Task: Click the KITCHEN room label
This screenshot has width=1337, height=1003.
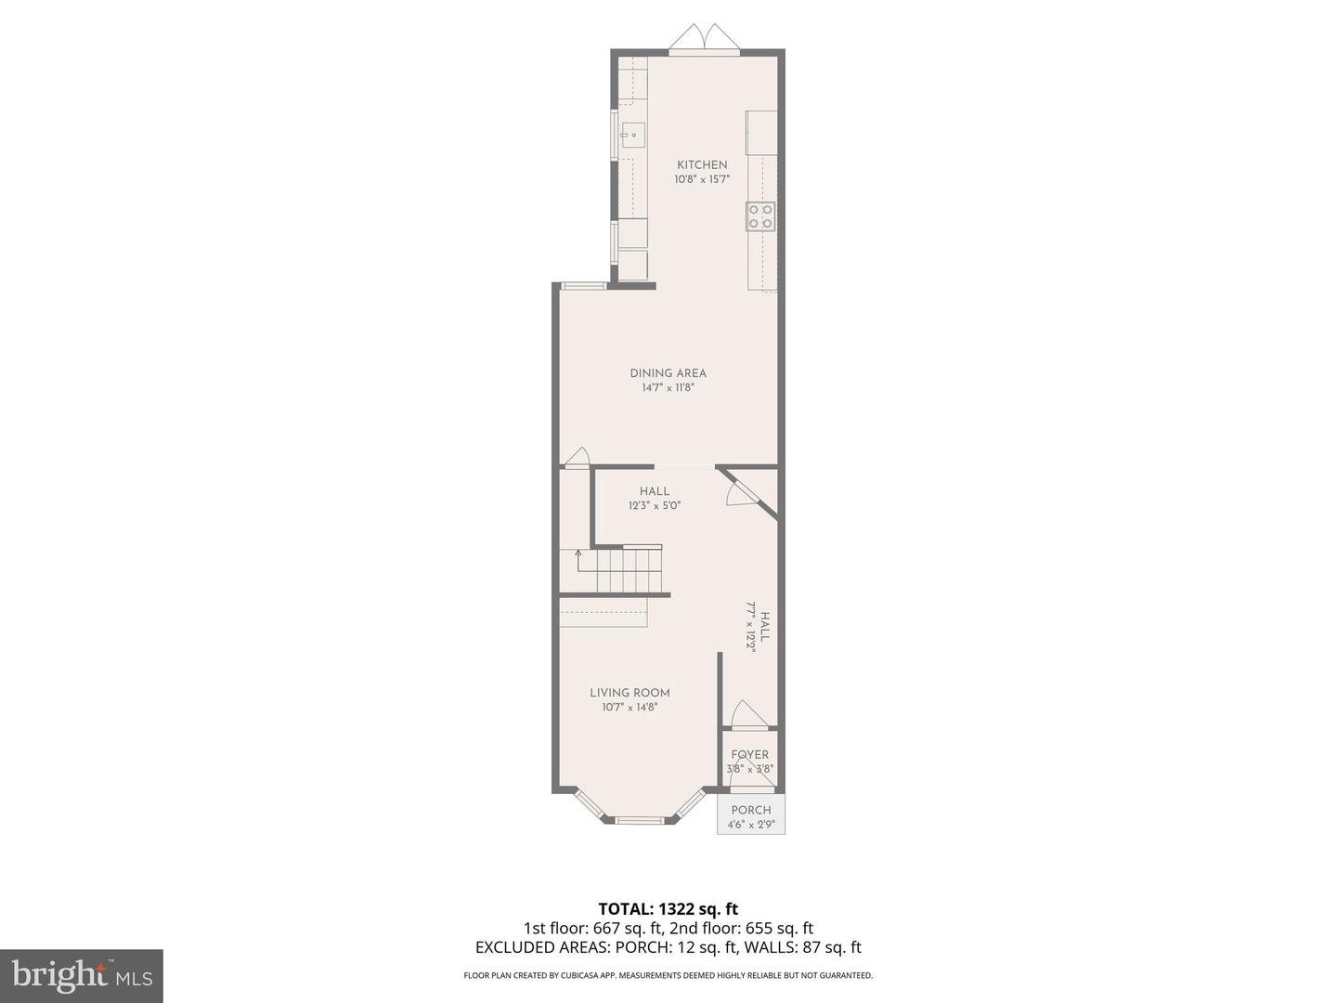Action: tap(702, 165)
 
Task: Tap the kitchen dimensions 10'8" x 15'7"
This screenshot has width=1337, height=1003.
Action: tap(702, 179)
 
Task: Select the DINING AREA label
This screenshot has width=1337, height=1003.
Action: tap(668, 373)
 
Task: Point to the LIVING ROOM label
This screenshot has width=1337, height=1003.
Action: tap(630, 693)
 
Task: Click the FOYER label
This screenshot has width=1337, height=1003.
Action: tap(750, 755)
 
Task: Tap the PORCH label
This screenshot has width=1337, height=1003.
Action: tap(751, 810)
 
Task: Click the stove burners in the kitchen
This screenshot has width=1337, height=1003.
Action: tap(761, 216)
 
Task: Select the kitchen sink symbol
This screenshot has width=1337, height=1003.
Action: tap(633, 136)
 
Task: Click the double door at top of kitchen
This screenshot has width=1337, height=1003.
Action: tap(704, 38)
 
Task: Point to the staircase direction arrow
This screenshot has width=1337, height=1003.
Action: tap(578, 555)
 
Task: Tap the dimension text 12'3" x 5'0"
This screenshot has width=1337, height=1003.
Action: tap(655, 506)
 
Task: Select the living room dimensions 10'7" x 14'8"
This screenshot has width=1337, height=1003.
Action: tap(630, 707)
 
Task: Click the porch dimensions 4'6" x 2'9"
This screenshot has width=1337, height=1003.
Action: tap(751, 824)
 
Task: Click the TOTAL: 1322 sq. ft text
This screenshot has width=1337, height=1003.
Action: tap(668, 908)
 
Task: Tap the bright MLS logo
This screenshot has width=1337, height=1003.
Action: tap(81, 975)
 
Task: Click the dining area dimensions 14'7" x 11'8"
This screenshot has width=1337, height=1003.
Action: tap(668, 387)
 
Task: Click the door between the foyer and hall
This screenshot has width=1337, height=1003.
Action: tap(747, 715)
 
